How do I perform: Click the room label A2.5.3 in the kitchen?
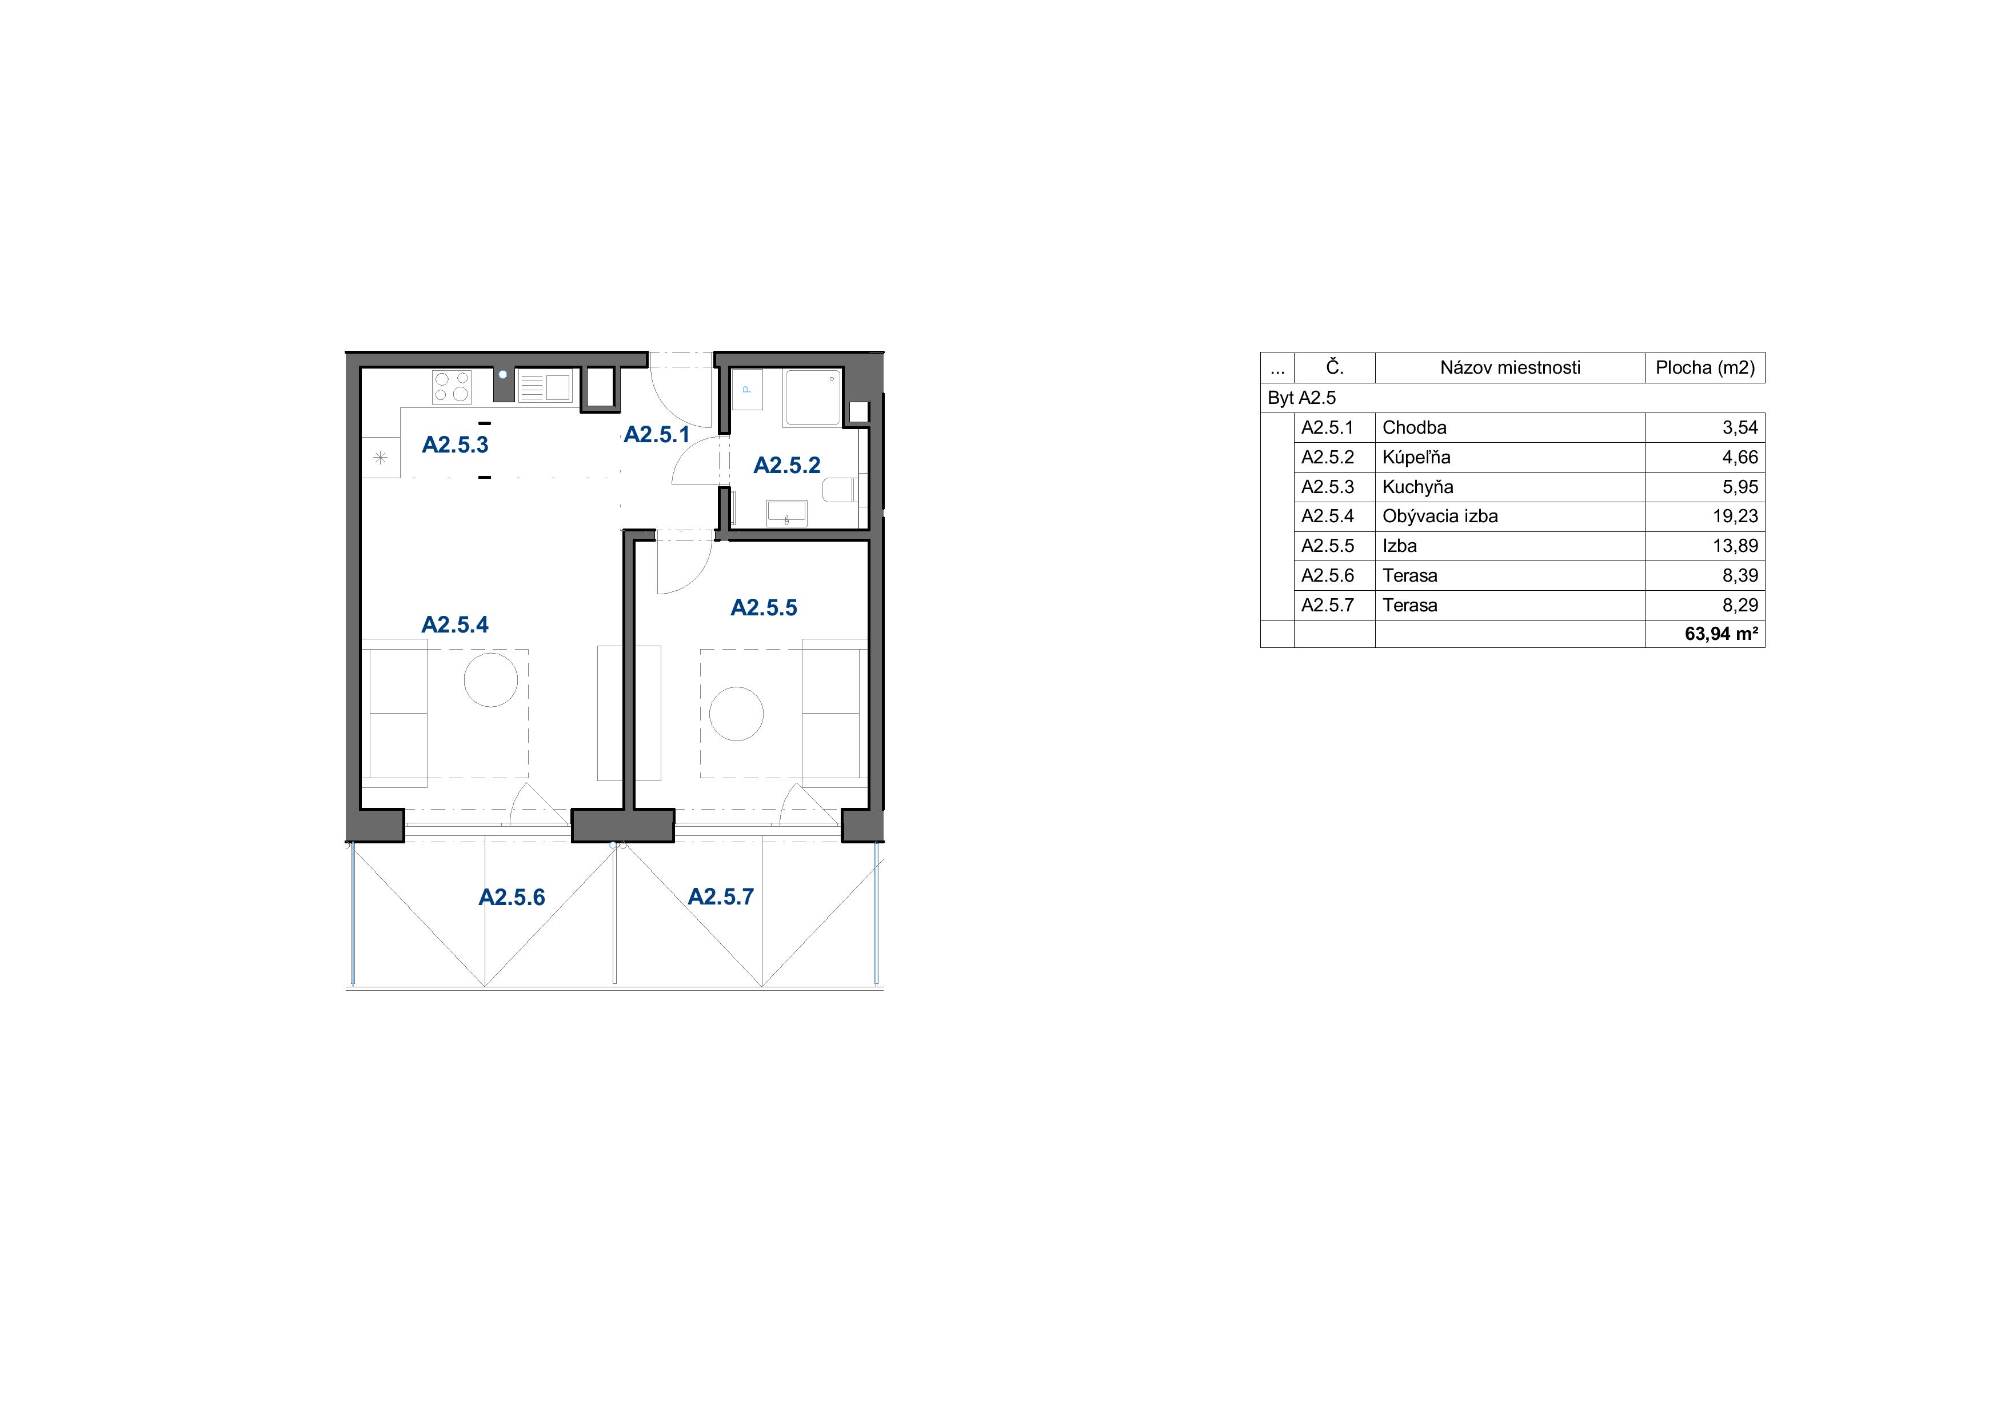[455, 445]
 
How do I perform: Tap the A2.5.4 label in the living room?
[455, 625]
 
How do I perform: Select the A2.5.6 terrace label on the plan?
[512, 898]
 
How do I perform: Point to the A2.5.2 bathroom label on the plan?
[787, 465]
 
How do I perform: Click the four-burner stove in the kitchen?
[452, 387]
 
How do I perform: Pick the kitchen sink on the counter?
[544, 387]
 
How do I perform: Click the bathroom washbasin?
[787, 513]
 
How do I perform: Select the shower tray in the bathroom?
[812, 397]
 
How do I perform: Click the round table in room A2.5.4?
[491, 679]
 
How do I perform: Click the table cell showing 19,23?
[1735, 516]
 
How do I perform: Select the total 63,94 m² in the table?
[1721, 634]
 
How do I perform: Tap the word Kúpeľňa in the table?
[1416, 458]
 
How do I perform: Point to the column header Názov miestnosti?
[1510, 367]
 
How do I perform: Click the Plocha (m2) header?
[1704, 367]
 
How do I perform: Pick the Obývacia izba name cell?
[1440, 516]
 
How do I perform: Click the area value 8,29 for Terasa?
[1740, 605]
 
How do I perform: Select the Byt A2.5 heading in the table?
[1302, 398]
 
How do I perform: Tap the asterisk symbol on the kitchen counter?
[381, 458]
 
